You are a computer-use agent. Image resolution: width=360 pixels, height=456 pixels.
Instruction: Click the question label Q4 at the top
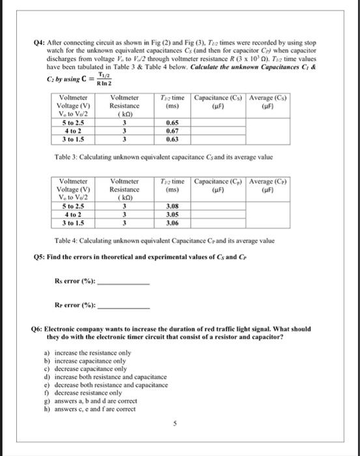pos(39,41)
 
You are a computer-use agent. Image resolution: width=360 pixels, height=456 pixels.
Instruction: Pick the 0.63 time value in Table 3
pos(173,138)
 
